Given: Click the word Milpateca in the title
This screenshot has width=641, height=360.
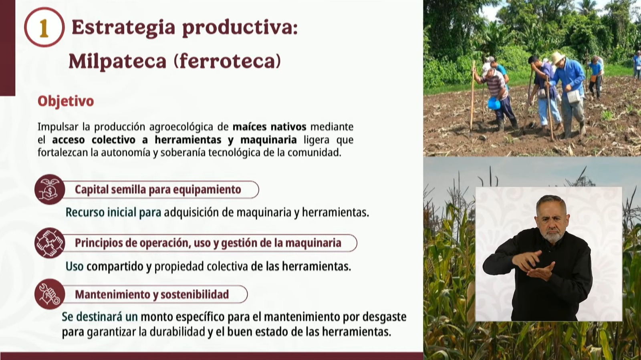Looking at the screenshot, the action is point(117,61).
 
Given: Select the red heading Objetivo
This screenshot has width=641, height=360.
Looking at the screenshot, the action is point(66,101).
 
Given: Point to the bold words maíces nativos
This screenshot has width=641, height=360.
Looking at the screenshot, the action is point(269,127).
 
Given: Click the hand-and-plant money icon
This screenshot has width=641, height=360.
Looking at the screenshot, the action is point(50,189).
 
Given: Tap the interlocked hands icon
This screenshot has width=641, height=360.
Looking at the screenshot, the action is point(50,243).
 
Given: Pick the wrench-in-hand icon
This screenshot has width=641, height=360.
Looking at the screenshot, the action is point(50,294).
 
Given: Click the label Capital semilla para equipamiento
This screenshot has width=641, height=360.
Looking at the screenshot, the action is point(158,189).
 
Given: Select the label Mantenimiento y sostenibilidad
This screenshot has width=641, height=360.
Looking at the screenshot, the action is point(152,294).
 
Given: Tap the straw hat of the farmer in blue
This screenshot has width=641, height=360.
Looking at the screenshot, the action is point(557,58).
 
